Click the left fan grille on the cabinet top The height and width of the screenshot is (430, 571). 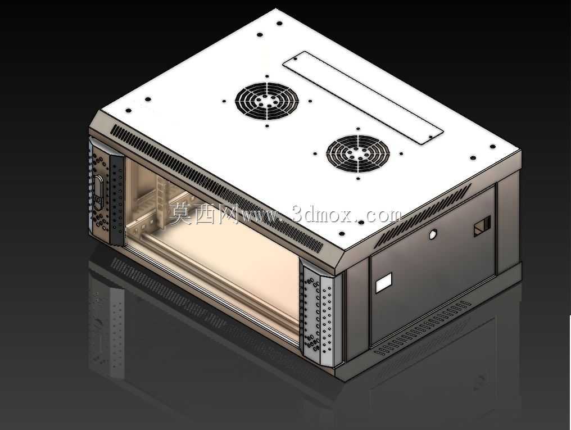tap(267, 101)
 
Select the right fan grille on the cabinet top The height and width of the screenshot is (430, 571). tap(358, 153)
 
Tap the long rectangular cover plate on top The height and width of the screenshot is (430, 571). tap(363, 98)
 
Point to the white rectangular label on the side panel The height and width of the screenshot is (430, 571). tap(383, 283)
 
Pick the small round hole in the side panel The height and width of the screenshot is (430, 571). tap(432, 234)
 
